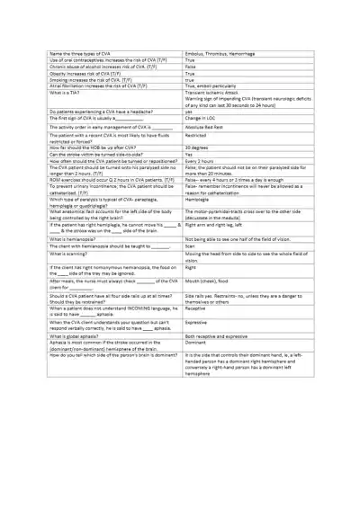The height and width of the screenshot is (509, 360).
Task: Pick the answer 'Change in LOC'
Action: pos(204,118)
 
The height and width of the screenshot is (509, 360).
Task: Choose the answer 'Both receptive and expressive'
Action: pos(222,335)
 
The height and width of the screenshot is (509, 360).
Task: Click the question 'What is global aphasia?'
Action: pos(74,335)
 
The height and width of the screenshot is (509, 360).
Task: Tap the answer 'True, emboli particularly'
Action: pos(218,85)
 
